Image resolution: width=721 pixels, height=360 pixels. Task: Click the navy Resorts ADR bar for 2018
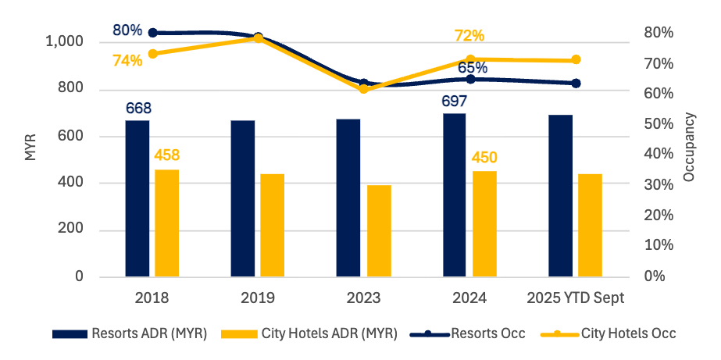pos(137,198)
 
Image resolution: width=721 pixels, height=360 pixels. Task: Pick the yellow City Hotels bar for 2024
pos(484,223)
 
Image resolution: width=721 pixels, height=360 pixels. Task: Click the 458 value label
pos(166,155)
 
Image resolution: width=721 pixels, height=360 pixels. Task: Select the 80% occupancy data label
pos(127,30)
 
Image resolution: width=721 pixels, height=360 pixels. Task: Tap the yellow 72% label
pos(469,36)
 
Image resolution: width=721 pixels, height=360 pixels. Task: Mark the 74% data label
pos(127,60)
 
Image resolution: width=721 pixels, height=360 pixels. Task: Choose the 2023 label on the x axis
pos(363,298)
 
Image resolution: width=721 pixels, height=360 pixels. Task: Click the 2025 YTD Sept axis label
pos(575,298)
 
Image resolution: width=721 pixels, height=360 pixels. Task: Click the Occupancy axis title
pos(688,147)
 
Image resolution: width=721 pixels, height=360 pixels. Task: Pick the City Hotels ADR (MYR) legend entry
pos(309,333)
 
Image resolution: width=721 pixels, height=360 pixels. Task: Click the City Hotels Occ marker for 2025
pos(576,60)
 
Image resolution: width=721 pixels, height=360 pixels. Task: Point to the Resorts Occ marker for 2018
pos(153,33)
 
